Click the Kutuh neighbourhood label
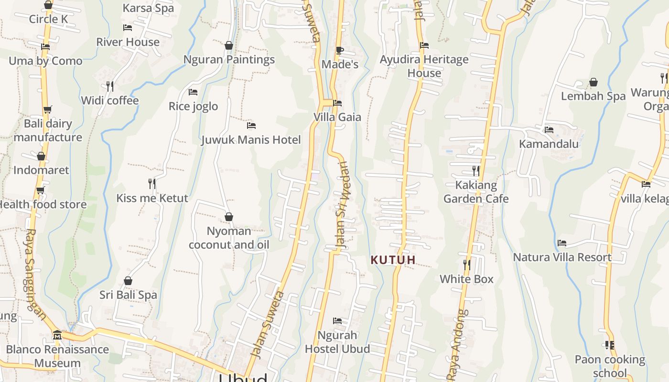point(393,260)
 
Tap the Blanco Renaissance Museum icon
point(57,335)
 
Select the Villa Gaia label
point(337,117)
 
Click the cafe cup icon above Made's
point(339,50)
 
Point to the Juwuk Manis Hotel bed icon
point(251,126)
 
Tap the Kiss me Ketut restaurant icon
point(152,183)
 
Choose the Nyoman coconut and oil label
point(229,238)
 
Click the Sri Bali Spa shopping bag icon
point(128,281)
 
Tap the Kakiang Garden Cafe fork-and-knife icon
point(475,170)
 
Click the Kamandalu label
point(549,144)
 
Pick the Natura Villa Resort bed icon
point(562,243)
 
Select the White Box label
point(466,279)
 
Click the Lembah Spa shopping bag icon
point(593,83)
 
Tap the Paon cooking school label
point(610,366)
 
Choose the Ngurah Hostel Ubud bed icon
point(337,321)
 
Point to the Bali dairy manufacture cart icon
point(47,110)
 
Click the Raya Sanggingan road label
point(36,275)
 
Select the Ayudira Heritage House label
point(424,66)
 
